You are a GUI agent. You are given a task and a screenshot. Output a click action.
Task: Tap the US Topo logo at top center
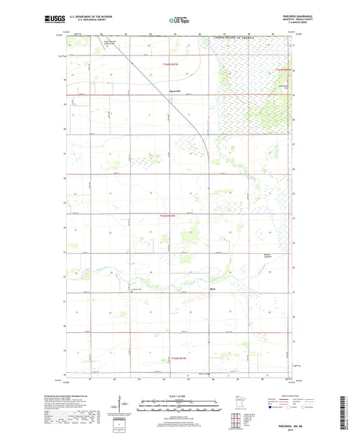coord(179,20)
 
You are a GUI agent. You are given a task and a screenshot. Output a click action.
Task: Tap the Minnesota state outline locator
coord(238,403)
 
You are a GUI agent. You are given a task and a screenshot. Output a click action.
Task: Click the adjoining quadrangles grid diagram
coord(237,422)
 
